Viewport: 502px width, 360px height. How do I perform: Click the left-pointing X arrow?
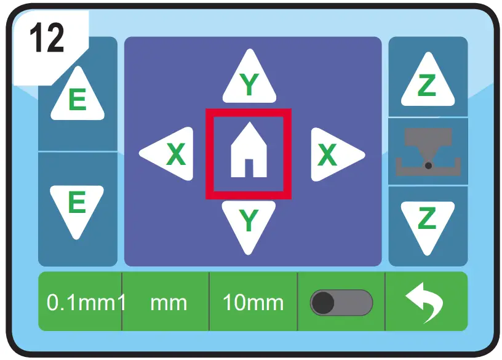[168, 154]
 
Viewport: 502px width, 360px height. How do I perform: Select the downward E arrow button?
[78, 207]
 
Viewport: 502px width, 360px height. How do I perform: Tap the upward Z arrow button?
[428, 81]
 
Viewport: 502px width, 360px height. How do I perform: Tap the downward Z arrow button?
[428, 222]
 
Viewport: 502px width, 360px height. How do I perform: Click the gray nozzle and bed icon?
[428, 151]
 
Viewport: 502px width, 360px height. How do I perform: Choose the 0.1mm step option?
[80, 302]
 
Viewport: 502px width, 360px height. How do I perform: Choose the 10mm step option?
[253, 302]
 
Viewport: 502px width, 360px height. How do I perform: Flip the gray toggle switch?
[341, 303]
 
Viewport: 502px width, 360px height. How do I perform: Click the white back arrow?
[426, 303]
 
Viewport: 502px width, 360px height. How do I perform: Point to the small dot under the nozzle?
[428, 165]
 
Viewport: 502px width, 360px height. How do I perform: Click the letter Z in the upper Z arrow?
[427, 87]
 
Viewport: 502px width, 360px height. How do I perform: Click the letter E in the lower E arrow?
[77, 201]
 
